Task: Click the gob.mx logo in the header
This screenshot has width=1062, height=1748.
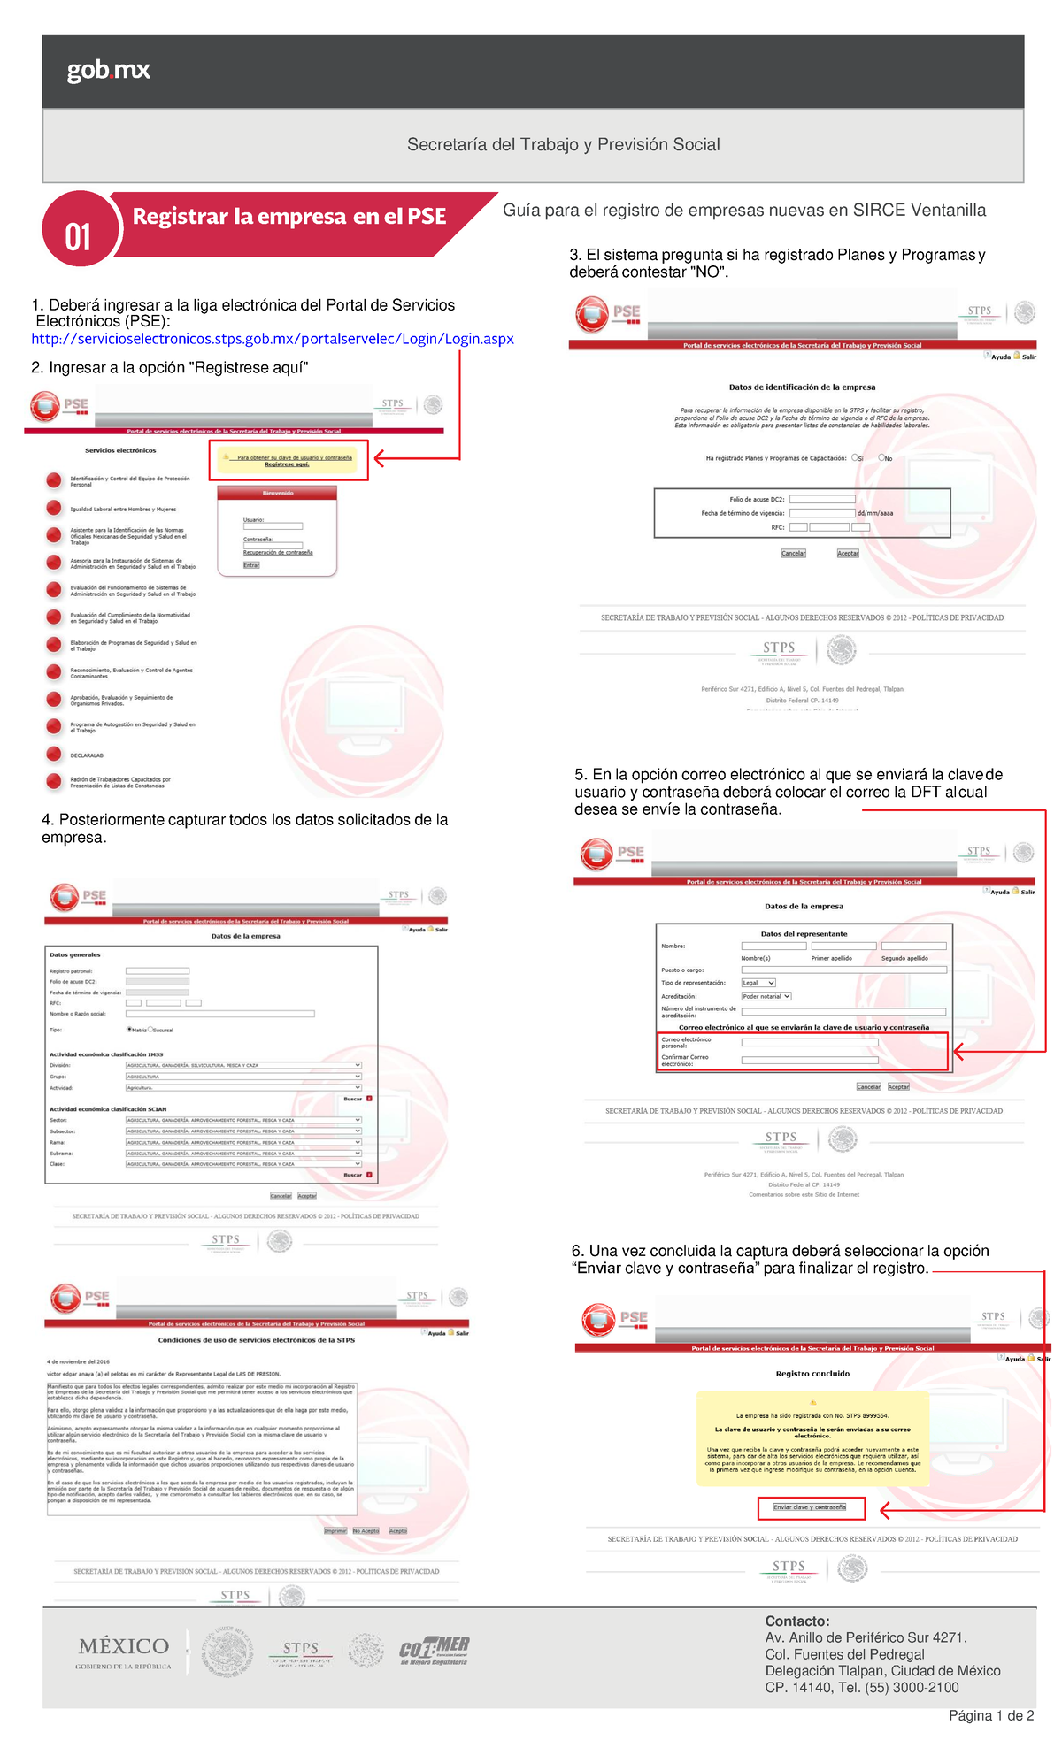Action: pyautogui.click(x=108, y=70)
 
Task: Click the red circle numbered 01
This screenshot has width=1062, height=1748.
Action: pyautogui.click(x=80, y=230)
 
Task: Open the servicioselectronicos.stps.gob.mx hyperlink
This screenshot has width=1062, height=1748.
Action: pyautogui.click(x=272, y=339)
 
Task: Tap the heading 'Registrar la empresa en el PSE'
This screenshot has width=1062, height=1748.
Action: pyautogui.click(x=289, y=217)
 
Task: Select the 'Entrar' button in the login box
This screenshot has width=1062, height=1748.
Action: pyautogui.click(x=251, y=565)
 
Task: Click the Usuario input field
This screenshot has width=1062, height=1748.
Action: pyautogui.click(x=273, y=526)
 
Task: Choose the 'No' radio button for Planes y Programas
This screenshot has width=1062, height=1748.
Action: pyautogui.click(x=881, y=458)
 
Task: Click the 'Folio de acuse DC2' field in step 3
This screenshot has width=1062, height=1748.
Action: pyautogui.click(x=822, y=499)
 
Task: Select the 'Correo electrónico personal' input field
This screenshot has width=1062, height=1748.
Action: pyautogui.click(x=809, y=1043)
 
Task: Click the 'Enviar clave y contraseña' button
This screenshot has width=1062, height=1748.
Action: pyautogui.click(x=810, y=1507)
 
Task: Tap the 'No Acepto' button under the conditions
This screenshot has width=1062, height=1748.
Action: pyautogui.click(x=366, y=1531)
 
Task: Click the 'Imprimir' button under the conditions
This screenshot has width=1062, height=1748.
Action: pyautogui.click(x=335, y=1531)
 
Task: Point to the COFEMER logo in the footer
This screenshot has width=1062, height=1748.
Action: pyautogui.click(x=434, y=1651)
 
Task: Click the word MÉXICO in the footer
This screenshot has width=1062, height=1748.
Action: pyautogui.click(x=124, y=1646)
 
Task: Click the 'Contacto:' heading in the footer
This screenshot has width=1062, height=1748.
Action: pyautogui.click(x=797, y=1621)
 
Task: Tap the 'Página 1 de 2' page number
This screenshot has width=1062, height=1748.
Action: pyautogui.click(x=990, y=1716)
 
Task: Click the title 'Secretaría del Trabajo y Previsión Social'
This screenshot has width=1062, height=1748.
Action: pyautogui.click(x=563, y=144)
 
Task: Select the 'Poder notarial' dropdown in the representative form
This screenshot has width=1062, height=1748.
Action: pyautogui.click(x=766, y=996)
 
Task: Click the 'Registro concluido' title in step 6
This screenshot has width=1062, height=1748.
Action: pyautogui.click(x=812, y=1374)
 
